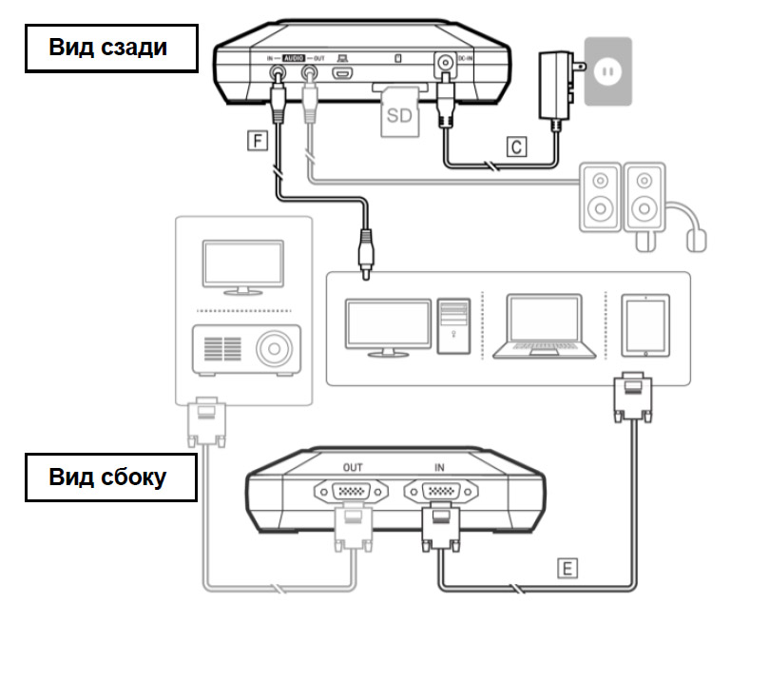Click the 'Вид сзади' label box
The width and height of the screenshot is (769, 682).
[x=110, y=49]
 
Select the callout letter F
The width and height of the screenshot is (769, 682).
[x=254, y=142]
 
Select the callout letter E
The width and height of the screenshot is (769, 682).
[x=567, y=569]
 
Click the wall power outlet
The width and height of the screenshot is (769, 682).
[x=608, y=71]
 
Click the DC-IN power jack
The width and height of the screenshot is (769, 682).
[x=443, y=68]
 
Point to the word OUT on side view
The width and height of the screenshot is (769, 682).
[x=351, y=469]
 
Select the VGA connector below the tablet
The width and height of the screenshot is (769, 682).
[x=631, y=399]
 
